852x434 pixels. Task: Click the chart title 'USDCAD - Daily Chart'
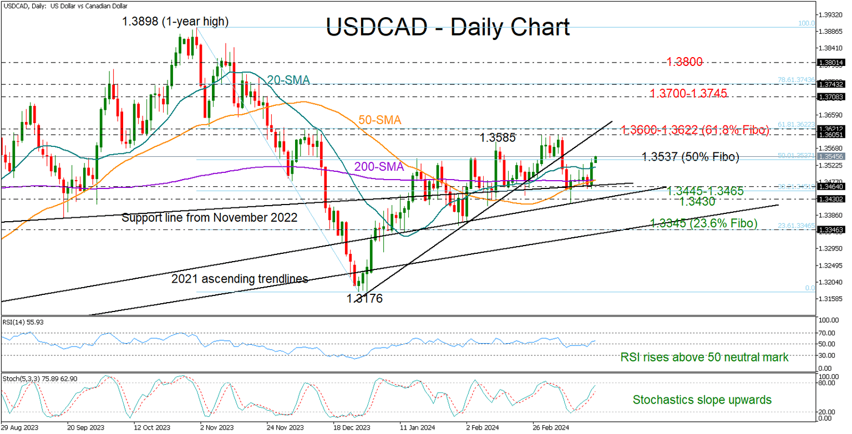point(447,27)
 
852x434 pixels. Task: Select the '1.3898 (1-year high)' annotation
point(176,22)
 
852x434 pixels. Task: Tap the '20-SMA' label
point(288,81)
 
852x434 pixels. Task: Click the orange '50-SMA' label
point(379,120)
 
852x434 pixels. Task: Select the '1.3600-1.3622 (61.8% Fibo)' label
point(695,130)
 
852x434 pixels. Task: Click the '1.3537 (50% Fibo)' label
point(690,157)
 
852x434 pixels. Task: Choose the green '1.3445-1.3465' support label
point(704,191)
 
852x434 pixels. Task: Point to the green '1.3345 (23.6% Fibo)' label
point(703,223)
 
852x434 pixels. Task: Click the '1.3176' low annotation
point(364,299)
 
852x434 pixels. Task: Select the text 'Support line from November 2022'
point(209,218)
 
